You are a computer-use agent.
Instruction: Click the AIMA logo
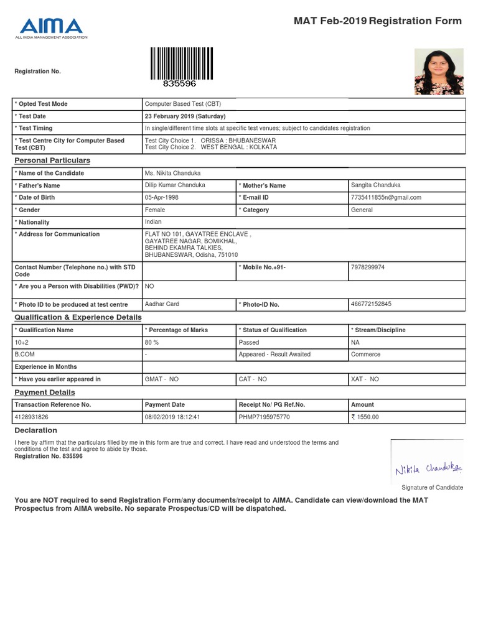(51, 27)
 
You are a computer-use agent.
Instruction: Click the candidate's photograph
(439, 72)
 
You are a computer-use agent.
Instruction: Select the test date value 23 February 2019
(185, 116)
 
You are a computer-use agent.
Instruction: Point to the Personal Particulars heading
(52, 160)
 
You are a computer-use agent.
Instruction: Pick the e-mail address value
(386, 197)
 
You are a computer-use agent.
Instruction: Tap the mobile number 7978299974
(368, 267)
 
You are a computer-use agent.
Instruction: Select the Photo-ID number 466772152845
(372, 304)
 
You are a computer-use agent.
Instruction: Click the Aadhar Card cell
(162, 304)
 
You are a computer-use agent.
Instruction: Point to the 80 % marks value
(152, 342)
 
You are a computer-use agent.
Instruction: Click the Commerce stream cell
(366, 355)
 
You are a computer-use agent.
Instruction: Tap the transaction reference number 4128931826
(35, 417)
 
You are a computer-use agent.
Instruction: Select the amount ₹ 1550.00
(365, 417)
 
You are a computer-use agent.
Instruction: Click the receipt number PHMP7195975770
(265, 417)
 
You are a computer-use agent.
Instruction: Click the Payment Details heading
(45, 393)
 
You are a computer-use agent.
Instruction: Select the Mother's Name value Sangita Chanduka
(376, 185)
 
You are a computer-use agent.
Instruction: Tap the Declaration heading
(35, 430)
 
